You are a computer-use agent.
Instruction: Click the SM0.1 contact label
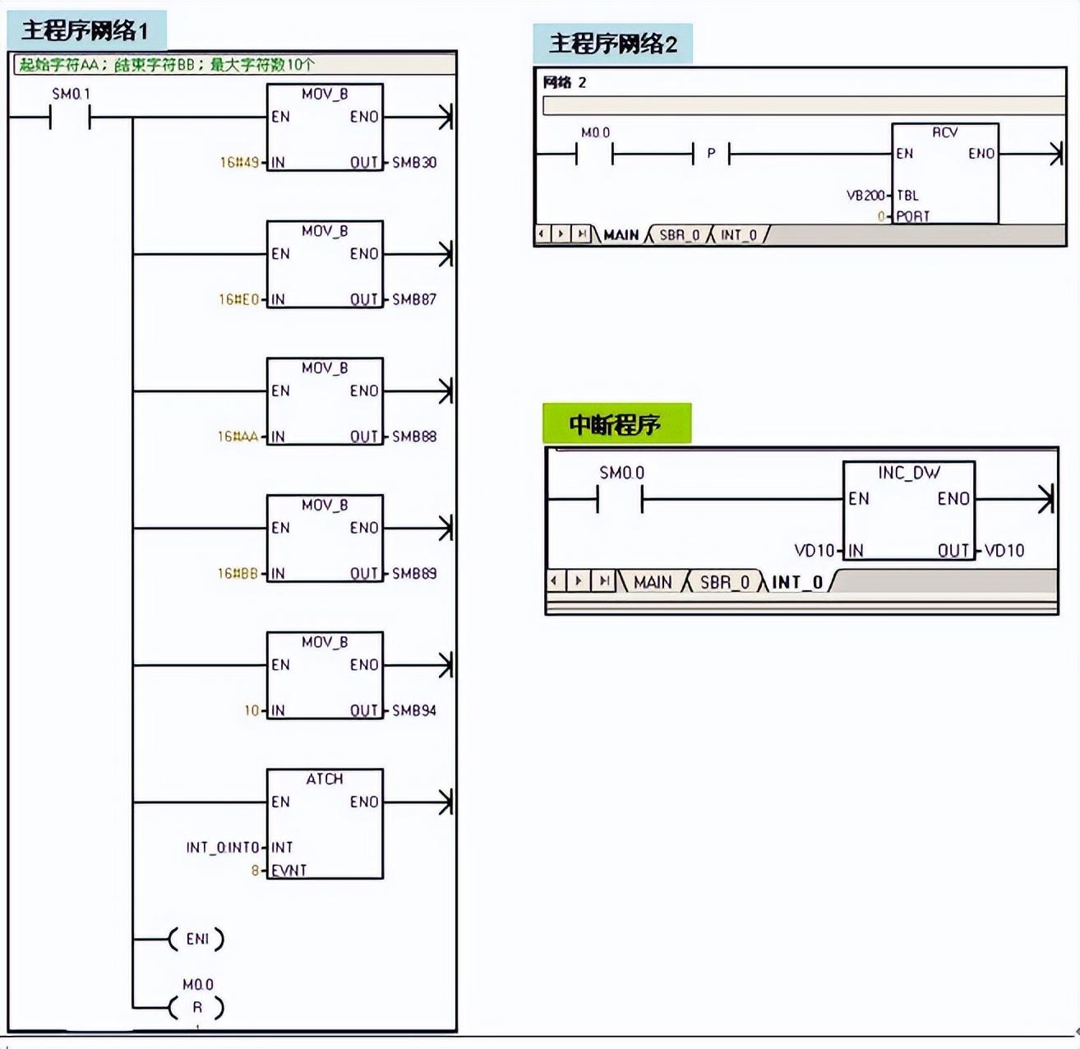point(71,94)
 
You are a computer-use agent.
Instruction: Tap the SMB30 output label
point(413,163)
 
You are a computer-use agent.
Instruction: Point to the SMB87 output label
point(413,300)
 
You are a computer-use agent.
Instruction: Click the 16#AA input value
point(238,437)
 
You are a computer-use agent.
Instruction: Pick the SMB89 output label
point(413,574)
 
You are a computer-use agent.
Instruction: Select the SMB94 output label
point(413,710)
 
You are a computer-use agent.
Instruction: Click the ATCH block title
point(325,779)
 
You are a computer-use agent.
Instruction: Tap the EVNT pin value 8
point(256,870)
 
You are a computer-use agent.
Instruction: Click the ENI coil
point(196,939)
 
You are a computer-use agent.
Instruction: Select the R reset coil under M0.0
point(196,1007)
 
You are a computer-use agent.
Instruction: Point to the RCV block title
point(944,132)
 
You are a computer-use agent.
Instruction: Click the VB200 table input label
point(865,196)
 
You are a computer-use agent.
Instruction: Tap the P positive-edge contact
point(711,154)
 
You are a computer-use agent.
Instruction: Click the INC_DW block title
point(908,473)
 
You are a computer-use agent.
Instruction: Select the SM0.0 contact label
point(621,473)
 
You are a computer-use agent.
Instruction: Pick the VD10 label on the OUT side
point(1004,551)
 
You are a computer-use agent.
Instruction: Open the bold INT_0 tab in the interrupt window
point(796,582)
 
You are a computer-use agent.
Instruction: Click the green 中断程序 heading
point(616,424)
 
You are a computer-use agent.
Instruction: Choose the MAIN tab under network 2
point(621,235)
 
